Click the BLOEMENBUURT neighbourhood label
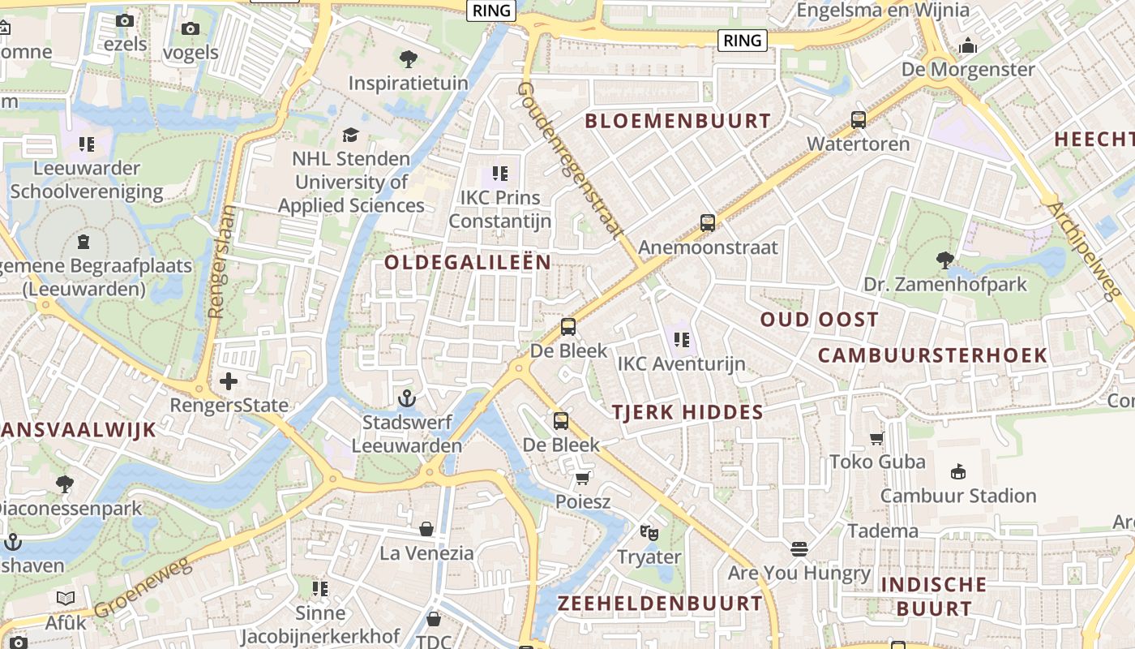point(678,122)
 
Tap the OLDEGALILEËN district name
point(468,262)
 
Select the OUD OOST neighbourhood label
point(819,320)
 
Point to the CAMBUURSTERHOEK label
point(932,355)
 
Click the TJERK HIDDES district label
point(687,412)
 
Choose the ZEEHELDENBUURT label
point(660,604)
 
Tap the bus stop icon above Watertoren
point(859,120)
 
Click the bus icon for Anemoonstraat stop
point(708,223)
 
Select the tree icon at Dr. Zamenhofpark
point(944,260)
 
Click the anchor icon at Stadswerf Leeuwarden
point(407,398)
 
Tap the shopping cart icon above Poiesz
point(582,478)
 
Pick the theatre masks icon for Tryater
point(649,533)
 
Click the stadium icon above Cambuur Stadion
point(958,471)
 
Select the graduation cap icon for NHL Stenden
point(350,135)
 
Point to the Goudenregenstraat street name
point(572,160)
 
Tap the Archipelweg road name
point(1083,251)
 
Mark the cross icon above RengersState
point(229,380)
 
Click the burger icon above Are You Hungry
point(799,549)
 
